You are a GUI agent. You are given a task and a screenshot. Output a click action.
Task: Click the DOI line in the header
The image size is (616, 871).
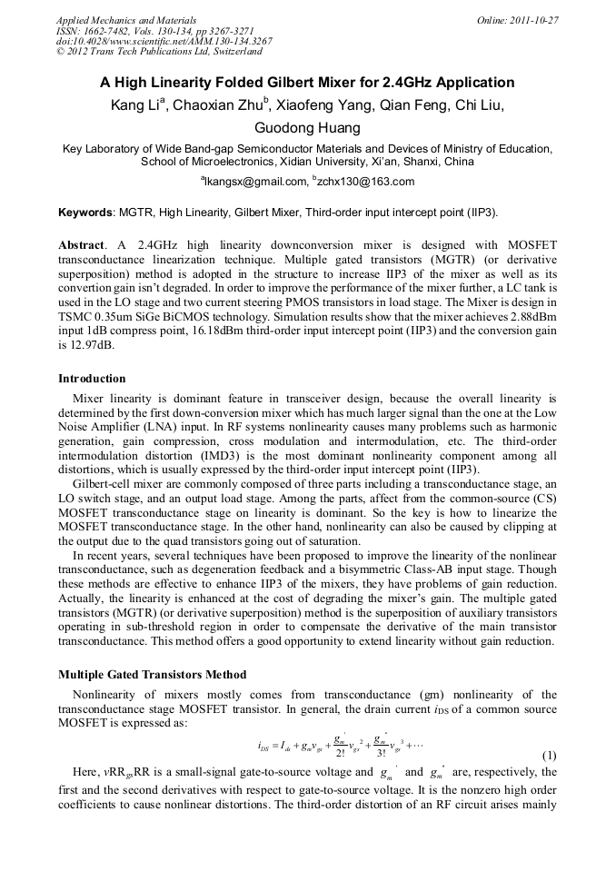(x=164, y=41)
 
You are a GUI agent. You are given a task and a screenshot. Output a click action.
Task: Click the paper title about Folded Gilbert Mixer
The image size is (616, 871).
(x=307, y=82)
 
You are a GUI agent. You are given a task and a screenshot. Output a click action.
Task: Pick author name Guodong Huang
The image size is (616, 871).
(x=307, y=127)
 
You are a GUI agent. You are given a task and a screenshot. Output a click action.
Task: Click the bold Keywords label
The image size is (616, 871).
(x=85, y=213)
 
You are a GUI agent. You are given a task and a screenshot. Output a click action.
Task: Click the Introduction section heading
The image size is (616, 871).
(x=92, y=379)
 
